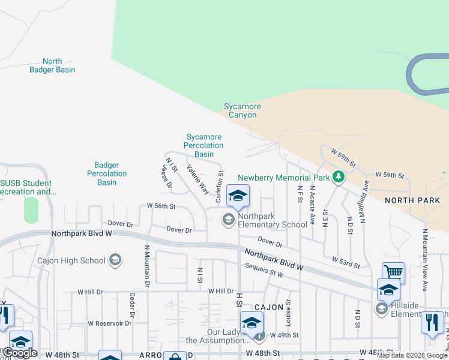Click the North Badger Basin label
(x=52, y=65)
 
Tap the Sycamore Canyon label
(x=243, y=111)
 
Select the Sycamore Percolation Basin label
(x=203, y=146)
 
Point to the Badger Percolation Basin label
(x=107, y=173)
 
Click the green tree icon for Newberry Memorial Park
(x=339, y=177)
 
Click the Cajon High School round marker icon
(x=115, y=260)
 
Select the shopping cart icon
(x=393, y=272)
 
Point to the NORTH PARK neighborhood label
(x=412, y=200)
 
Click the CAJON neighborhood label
(x=268, y=307)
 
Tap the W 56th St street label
(x=161, y=206)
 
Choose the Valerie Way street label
(x=197, y=179)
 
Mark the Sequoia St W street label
(x=264, y=269)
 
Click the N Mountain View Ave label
(x=424, y=260)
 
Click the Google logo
(x=20, y=352)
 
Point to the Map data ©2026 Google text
(x=412, y=355)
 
